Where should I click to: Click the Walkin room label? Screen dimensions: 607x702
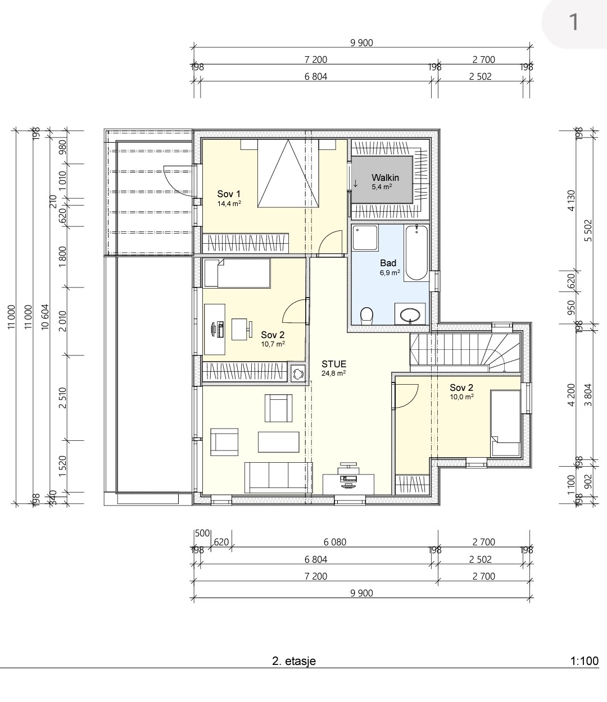click(385, 177)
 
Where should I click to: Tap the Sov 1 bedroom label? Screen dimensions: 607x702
click(229, 194)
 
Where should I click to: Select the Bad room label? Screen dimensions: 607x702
click(388, 263)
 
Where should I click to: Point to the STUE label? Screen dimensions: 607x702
click(334, 364)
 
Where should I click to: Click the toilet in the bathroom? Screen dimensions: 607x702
click(366, 315)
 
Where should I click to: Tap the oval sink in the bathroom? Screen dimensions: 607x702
click(410, 315)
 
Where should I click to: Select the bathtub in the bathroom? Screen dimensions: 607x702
click(416, 253)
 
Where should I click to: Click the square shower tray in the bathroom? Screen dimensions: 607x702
click(365, 238)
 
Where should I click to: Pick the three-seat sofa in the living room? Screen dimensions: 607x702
click(278, 477)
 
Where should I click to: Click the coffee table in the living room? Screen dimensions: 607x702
click(278, 442)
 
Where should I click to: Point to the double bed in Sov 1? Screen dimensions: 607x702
click(288, 173)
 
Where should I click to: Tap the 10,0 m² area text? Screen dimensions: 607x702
click(461, 396)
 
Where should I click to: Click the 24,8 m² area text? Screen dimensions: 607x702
click(334, 373)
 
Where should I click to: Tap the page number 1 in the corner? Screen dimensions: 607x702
click(574, 22)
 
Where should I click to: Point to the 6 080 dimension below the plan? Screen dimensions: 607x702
click(335, 542)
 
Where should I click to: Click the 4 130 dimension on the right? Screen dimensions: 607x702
click(572, 200)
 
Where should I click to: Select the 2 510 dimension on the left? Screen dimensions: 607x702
click(62, 398)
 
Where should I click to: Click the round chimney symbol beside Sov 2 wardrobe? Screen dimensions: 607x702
click(298, 374)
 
